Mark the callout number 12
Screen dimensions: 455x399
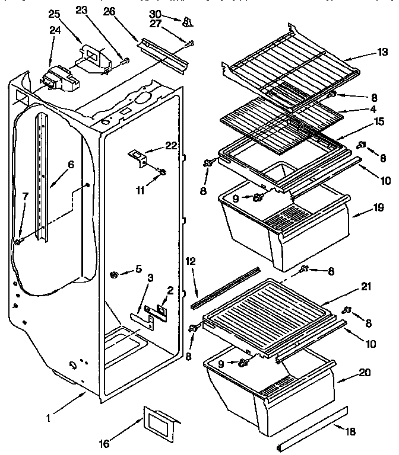click(189, 261)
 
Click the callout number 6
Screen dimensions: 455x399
click(71, 165)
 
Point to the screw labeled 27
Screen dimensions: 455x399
click(189, 43)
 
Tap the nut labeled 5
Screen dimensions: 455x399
click(113, 274)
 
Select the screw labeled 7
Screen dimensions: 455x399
click(19, 241)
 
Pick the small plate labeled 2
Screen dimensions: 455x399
click(161, 307)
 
